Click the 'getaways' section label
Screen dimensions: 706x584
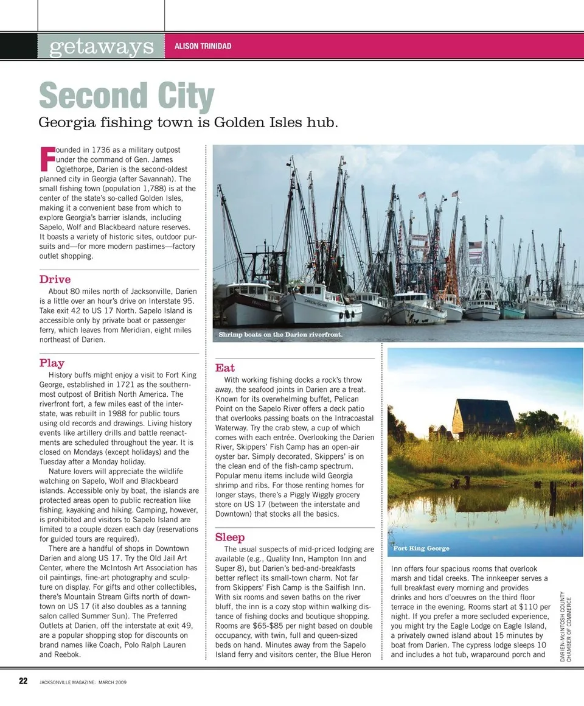pyautogui.click(x=101, y=46)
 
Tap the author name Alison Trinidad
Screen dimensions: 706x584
pyautogui.click(x=203, y=46)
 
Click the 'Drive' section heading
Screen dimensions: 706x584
pyautogui.click(x=55, y=280)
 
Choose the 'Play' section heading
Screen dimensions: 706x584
pyautogui.click(x=52, y=363)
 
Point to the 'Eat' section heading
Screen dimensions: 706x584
pyautogui.click(x=224, y=368)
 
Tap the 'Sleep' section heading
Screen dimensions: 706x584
pyautogui.click(x=230, y=537)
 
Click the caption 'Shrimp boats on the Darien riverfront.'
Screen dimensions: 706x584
pyautogui.click(x=280, y=335)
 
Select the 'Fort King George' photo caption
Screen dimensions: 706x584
pyautogui.click(x=421, y=548)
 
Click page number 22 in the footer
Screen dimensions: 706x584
pyautogui.click(x=23, y=681)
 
